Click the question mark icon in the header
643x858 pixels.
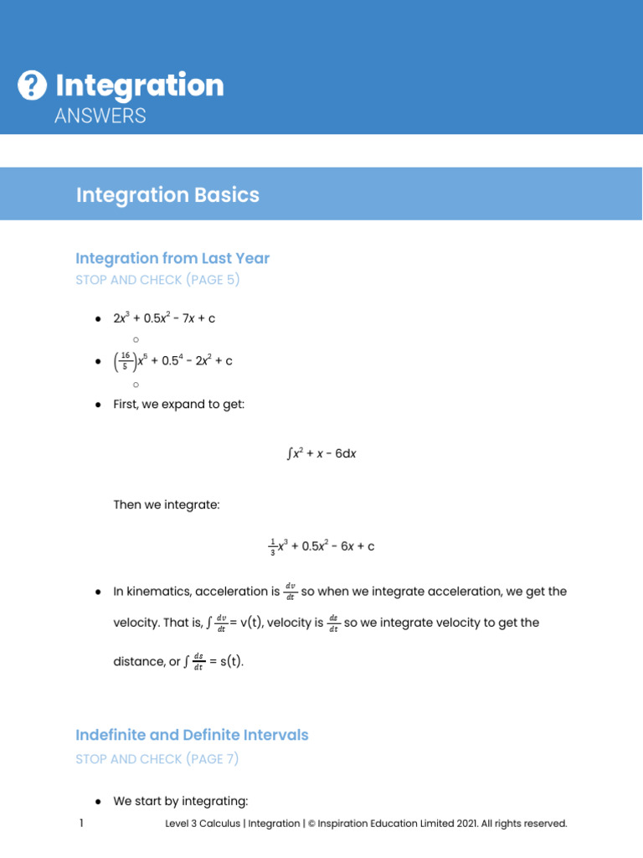tap(32, 85)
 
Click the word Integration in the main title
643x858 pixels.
tap(140, 85)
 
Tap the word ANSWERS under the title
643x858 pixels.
tap(100, 116)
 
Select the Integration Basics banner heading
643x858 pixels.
tap(167, 195)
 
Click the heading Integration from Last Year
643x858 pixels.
tap(172, 258)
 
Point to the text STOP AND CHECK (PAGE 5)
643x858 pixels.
tap(157, 280)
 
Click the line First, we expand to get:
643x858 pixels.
tap(178, 405)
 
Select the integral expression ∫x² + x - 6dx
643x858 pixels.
tap(321, 453)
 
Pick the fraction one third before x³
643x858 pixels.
tap(272, 547)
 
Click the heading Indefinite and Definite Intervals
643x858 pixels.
tap(192, 735)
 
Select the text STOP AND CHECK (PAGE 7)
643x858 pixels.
tap(157, 759)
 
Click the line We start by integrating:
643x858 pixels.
tap(181, 801)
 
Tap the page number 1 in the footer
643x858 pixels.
tap(81, 824)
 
